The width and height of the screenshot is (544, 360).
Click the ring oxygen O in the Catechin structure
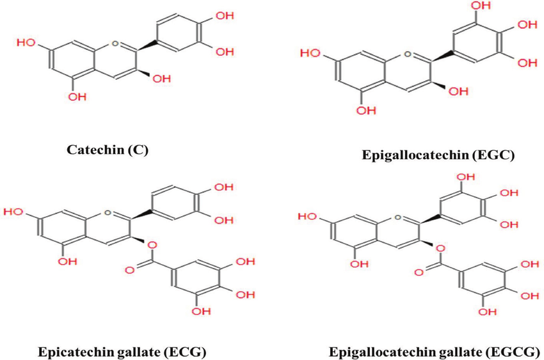click(x=114, y=43)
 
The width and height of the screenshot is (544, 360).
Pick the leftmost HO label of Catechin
click(x=26, y=43)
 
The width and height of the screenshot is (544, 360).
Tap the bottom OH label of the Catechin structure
click(x=76, y=97)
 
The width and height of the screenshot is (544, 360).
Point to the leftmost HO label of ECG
click(x=15, y=210)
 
